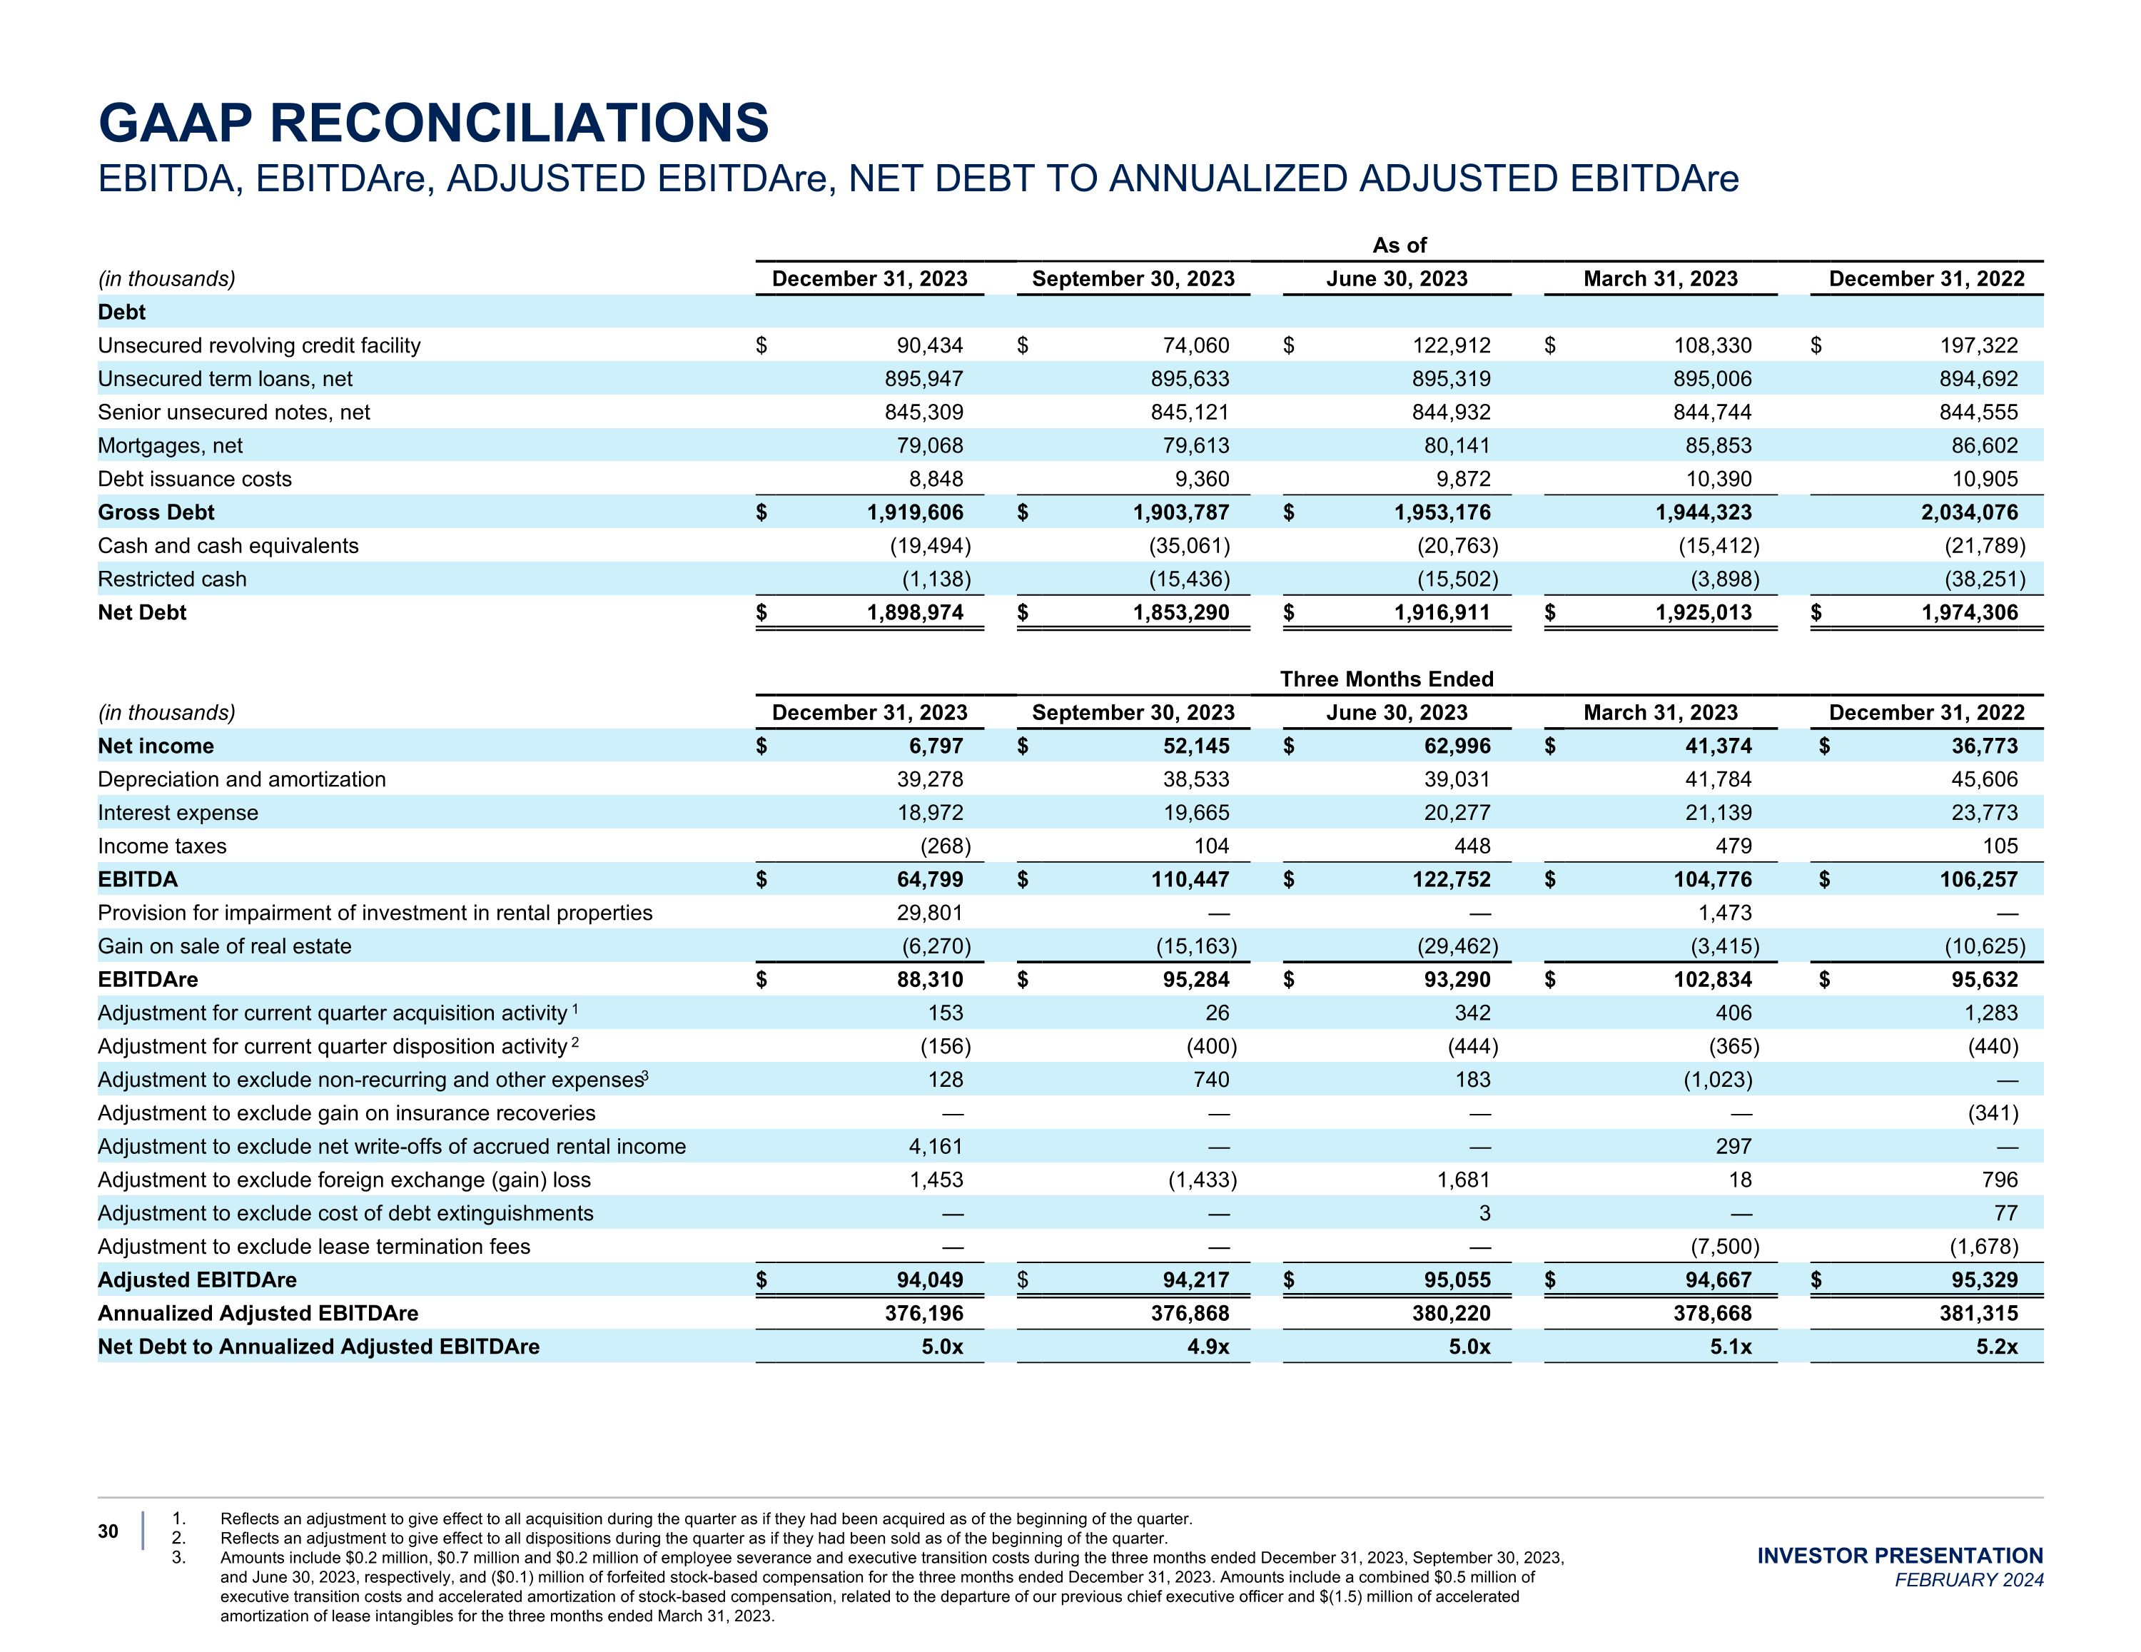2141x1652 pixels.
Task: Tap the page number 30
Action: click(108, 1531)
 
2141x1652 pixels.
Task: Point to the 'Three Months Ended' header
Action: click(1386, 679)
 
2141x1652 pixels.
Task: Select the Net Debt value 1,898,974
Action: click(915, 613)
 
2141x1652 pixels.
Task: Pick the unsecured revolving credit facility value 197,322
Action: click(1978, 345)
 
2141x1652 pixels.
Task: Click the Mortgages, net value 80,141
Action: click(1457, 446)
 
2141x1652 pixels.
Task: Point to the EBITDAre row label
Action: click(148, 980)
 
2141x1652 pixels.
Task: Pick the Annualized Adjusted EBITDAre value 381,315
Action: click(1978, 1314)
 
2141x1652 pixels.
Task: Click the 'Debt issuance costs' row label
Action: click(195, 480)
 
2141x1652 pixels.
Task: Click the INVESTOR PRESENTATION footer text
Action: click(1900, 1556)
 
